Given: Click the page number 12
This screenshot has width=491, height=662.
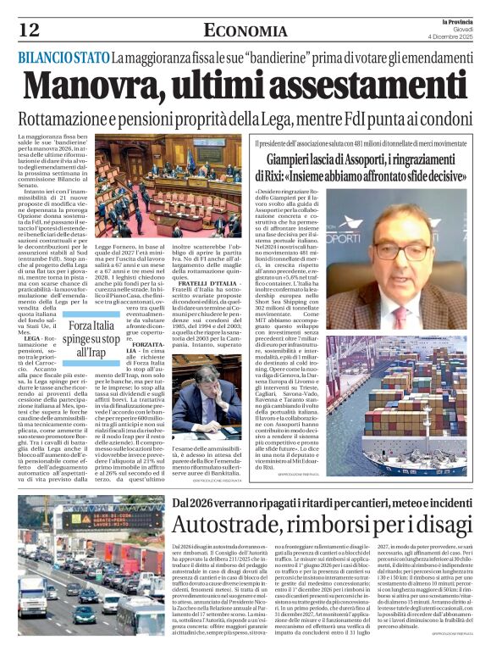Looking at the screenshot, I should tap(29, 30).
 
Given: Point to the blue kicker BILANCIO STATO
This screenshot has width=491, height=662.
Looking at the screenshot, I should tap(61, 58).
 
